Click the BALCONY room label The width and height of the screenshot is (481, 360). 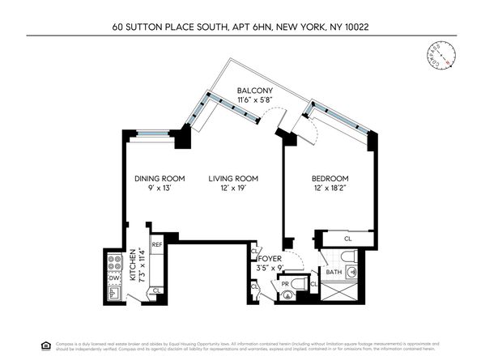253,90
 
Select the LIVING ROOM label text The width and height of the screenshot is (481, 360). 232,179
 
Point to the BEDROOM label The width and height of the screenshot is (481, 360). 330,179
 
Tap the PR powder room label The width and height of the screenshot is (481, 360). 286,284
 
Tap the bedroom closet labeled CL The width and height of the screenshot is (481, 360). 347,239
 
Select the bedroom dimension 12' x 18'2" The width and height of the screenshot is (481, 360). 330,188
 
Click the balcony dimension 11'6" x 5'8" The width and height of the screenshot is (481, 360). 253,100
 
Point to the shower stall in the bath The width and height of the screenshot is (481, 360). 352,290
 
